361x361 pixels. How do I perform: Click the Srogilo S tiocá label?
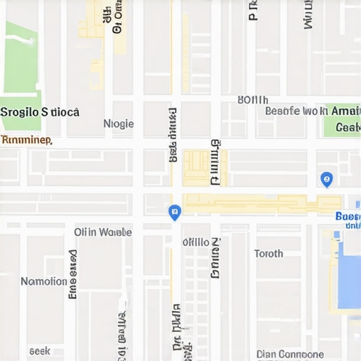pos(40,112)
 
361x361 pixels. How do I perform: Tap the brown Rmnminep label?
pos(26,140)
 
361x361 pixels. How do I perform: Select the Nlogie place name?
pos(118,124)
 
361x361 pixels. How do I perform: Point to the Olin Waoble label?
pos(103,232)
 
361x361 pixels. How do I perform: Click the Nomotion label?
pos(44,281)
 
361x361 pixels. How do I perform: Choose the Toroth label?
pos(269,254)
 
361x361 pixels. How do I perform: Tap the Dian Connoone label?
pos(290,354)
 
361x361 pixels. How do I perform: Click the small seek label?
pos(39,350)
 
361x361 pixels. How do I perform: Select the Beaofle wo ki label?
pos(296,111)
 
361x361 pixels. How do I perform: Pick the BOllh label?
pos(252,99)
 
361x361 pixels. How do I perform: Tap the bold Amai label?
pos(345,111)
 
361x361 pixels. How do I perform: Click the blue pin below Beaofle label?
pos(326,179)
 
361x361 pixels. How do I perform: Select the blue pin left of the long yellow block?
pos(175,212)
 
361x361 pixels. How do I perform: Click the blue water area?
pos(349,271)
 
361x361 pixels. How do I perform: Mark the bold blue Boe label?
pos(348,216)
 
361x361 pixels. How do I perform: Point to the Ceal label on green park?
pos(348,128)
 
